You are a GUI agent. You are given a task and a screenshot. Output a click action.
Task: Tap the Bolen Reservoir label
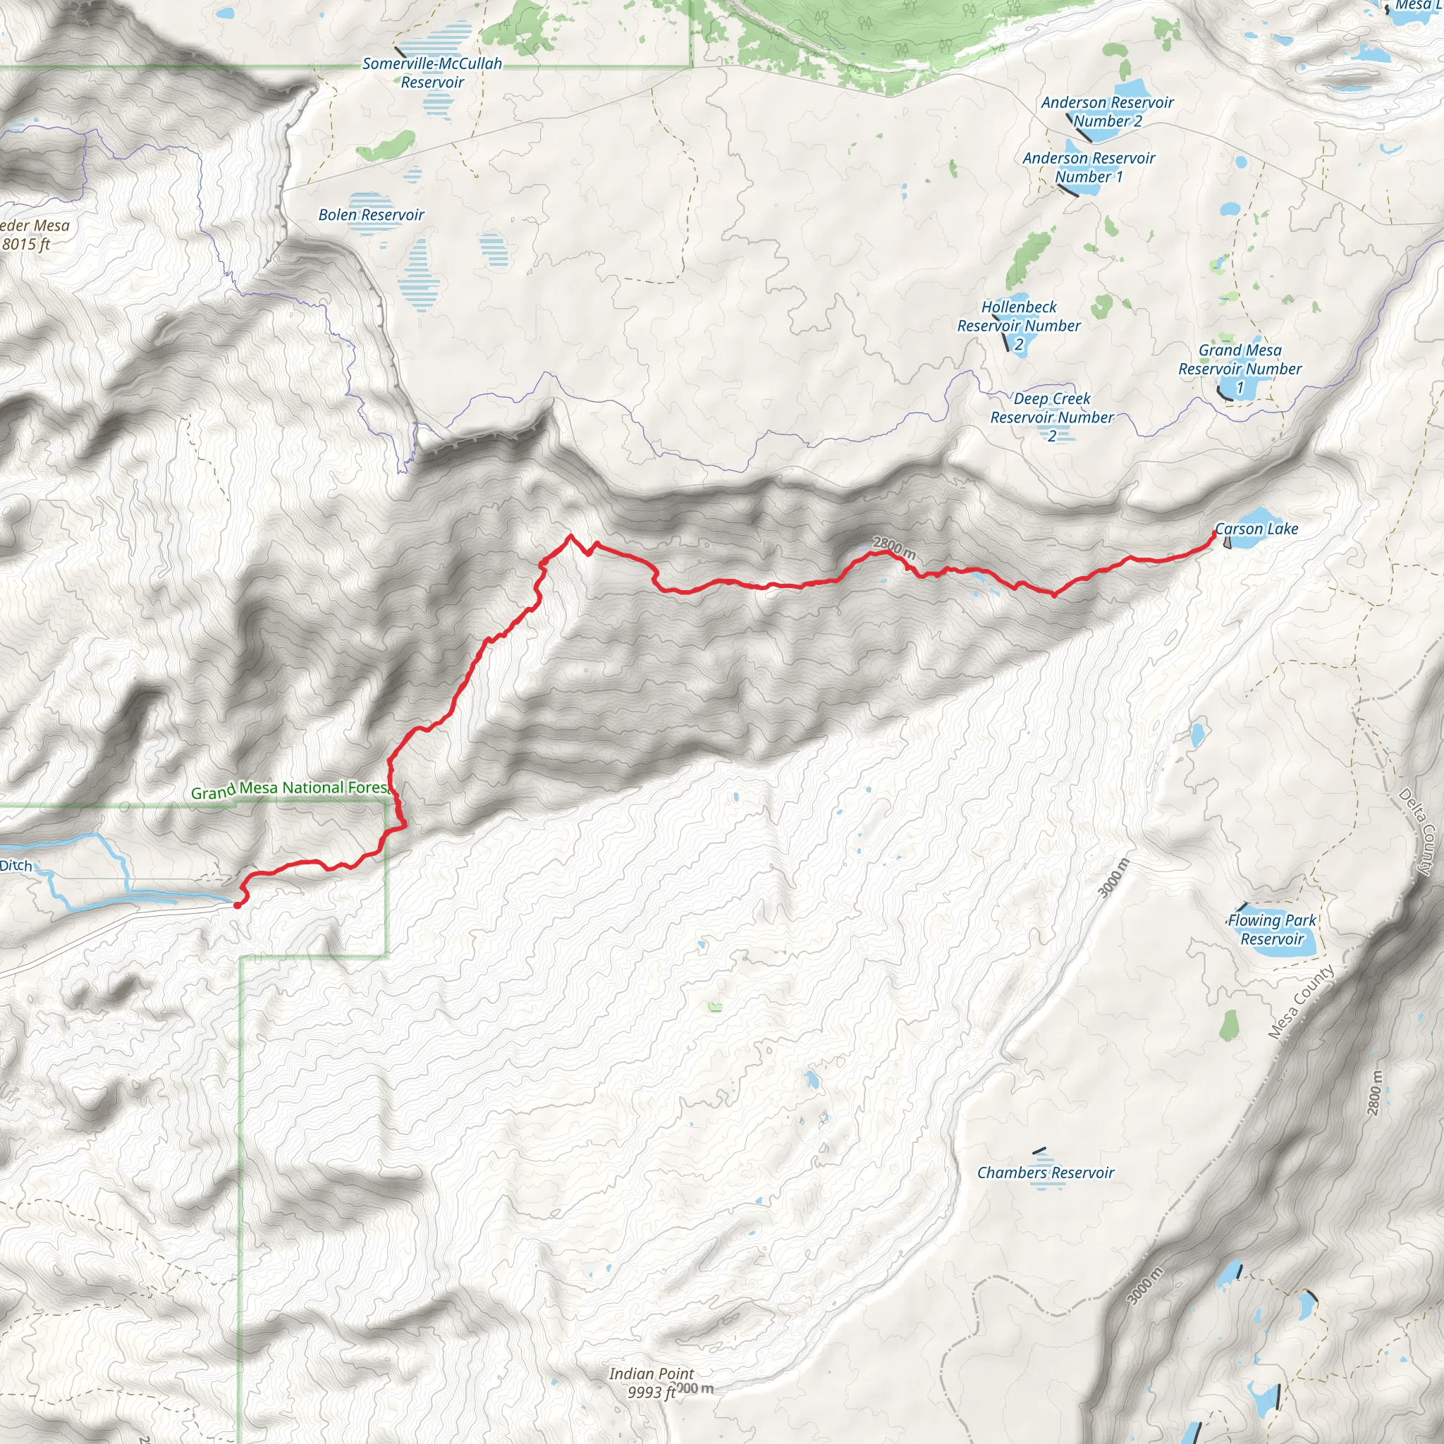pos(371,215)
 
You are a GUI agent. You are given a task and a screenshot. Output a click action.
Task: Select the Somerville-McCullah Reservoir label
pos(432,73)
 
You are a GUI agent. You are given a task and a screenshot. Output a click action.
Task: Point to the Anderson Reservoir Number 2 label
pos(1107,112)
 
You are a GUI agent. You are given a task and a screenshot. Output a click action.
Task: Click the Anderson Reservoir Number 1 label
pos(1088,167)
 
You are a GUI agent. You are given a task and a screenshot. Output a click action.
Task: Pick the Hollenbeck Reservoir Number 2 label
pos(1019,326)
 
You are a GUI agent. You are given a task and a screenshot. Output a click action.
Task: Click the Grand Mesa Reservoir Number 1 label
pos(1240,369)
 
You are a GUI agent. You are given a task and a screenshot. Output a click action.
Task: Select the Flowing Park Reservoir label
pos(1271,930)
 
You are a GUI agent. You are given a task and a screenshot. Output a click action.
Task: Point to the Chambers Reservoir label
pos(1045,1173)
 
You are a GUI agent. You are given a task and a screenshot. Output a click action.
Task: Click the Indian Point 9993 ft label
pos(651,1383)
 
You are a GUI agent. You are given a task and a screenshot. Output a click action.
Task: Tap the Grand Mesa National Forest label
pos(290,789)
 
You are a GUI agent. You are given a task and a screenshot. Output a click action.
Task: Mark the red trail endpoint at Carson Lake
pos(1213,533)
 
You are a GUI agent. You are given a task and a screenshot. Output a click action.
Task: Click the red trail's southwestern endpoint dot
pos(237,905)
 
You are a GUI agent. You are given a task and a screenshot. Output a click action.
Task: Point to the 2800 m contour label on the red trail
pos(894,549)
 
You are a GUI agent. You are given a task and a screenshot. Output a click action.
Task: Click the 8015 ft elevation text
pos(26,245)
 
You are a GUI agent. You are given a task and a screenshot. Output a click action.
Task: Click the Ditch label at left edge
pos(16,867)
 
